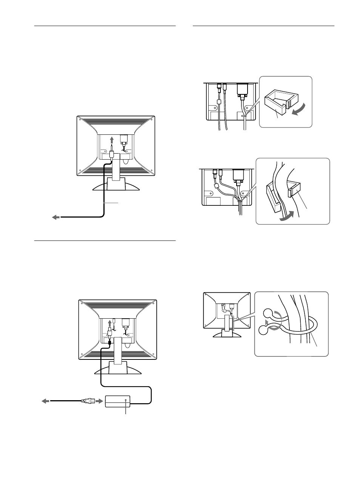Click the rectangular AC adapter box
(x=117, y=401)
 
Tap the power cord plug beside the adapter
(x=86, y=401)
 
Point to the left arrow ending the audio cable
(x=56, y=217)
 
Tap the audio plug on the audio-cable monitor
(x=112, y=154)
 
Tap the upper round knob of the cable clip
(x=267, y=313)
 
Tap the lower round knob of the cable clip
(x=265, y=330)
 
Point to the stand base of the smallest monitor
(x=226, y=333)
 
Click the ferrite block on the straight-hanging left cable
(x=218, y=102)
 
